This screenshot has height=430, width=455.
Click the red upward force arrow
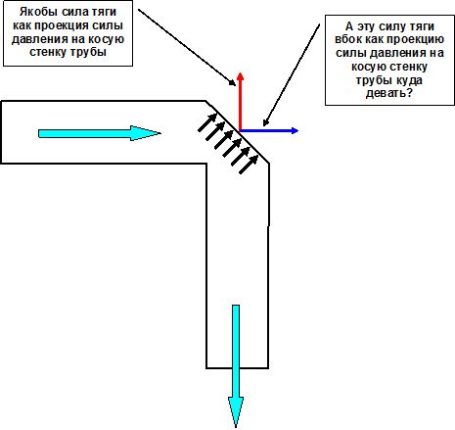pos(240,102)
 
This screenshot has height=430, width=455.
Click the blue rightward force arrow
pos(269,130)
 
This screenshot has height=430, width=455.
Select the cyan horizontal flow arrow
pos(100,133)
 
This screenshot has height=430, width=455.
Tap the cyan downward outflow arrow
pos(236,366)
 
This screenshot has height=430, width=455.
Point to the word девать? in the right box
pos(389,94)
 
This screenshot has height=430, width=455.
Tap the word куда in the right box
pos(409,80)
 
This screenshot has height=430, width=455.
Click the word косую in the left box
pos(106,39)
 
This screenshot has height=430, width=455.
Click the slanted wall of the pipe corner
pos(238,132)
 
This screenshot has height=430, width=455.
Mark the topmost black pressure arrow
pos(207,122)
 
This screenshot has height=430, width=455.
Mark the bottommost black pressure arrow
pos(249,165)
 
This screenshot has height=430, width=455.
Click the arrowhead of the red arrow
pos(240,76)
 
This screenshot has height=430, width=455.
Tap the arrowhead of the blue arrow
pos(295,130)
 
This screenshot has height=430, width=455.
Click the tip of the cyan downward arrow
pos(236,428)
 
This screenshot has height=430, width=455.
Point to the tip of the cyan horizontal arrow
pos(160,133)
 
